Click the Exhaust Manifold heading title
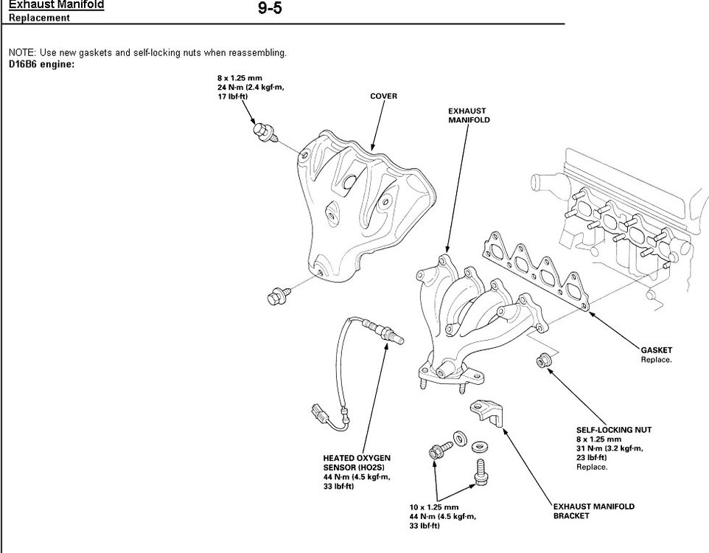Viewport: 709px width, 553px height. pyautogui.click(x=56, y=4)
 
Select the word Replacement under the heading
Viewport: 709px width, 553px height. pyautogui.click(x=39, y=18)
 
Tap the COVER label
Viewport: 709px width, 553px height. pyautogui.click(x=383, y=97)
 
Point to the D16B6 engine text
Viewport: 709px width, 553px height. pyautogui.click(x=41, y=63)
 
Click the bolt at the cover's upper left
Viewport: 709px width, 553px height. pyautogui.click(x=262, y=131)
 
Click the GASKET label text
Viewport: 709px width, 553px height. pyautogui.click(x=657, y=350)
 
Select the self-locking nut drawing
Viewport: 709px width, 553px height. pyautogui.click(x=545, y=361)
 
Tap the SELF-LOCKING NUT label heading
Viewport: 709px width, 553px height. pyautogui.click(x=613, y=429)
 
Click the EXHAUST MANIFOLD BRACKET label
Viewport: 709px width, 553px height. pyautogui.click(x=593, y=511)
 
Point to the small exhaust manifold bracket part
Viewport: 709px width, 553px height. pyautogui.click(x=487, y=412)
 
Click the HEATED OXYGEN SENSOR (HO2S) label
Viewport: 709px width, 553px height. pyautogui.click(x=357, y=462)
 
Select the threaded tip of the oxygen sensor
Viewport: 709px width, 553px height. pyautogui.click(x=397, y=338)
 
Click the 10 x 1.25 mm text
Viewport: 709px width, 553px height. pyautogui.click(x=434, y=507)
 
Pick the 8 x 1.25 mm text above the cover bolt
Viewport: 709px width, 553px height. pyautogui.click(x=240, y=77)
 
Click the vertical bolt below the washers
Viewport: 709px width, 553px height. pyautogui.click(x=480, y=472)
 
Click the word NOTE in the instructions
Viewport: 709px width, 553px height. pyautogui.click(x=20, y=53)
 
